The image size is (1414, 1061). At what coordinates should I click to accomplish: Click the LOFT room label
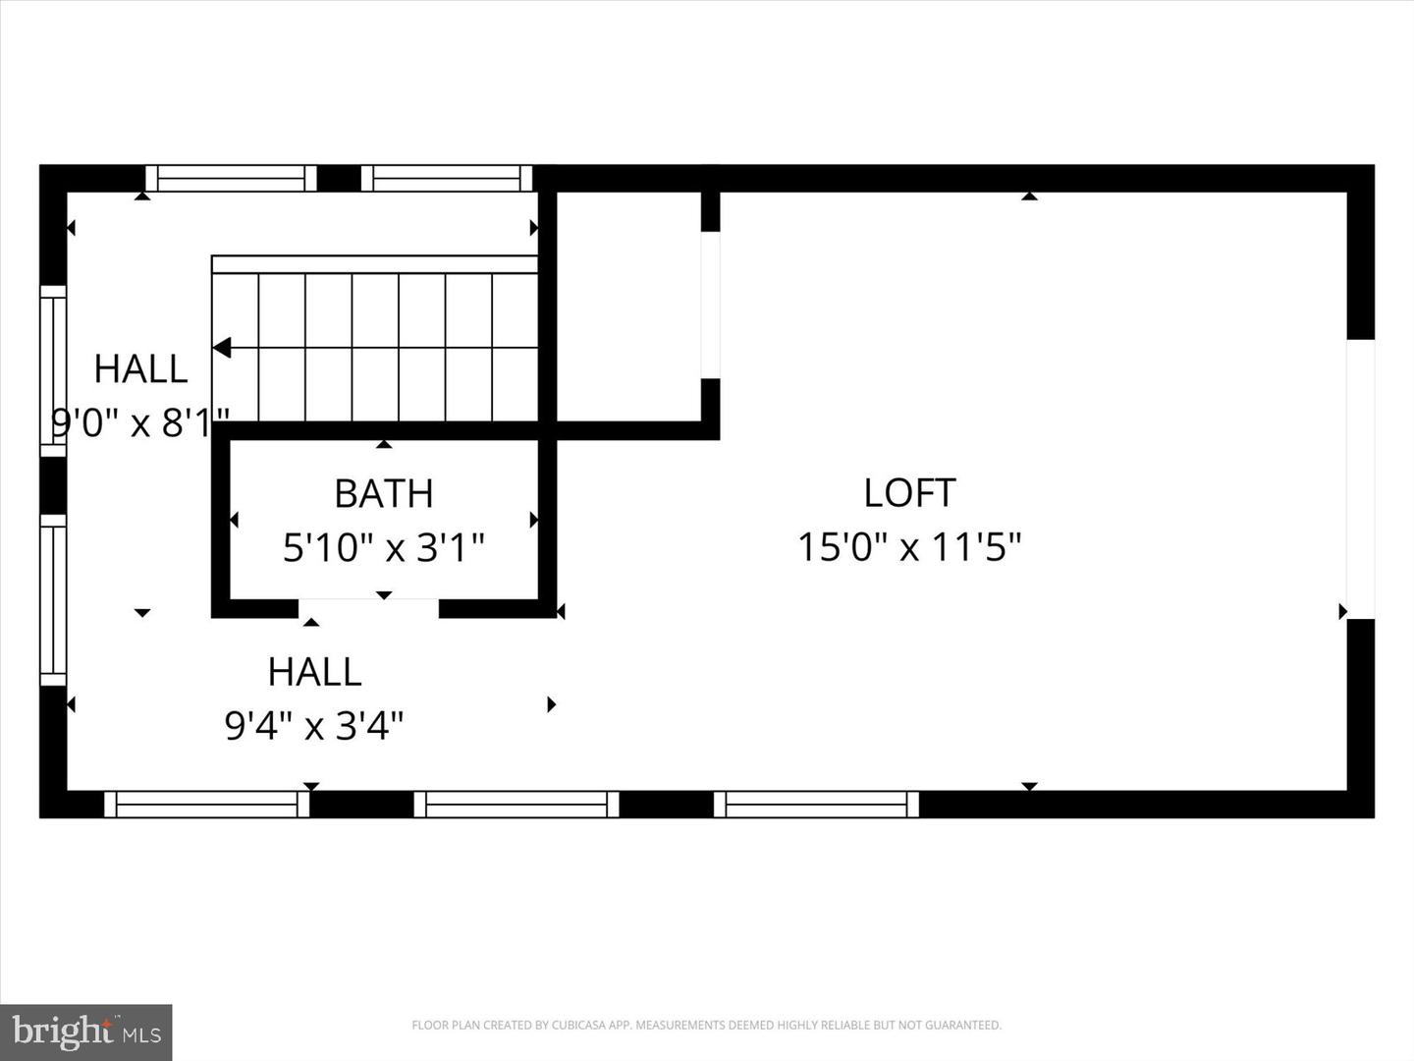point(909,493)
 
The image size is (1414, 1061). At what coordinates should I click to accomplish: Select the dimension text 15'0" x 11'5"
point(909,547)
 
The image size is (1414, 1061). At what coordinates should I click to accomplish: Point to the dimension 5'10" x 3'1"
point(384,547)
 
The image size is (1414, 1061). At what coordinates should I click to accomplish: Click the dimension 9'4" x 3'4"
point(314,726)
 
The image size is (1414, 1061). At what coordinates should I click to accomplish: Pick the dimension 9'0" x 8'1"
point(140,423)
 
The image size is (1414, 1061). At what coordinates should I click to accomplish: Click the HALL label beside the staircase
point(140,369)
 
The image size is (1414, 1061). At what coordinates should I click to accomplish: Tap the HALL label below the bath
point(314,672)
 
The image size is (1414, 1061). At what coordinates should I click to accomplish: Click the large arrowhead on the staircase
point(223,348)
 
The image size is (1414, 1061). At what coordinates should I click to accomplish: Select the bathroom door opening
point(368,608)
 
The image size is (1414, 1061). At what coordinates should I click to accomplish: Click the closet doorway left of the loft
point(710,305)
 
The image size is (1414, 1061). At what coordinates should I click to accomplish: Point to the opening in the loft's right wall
point(1360,478)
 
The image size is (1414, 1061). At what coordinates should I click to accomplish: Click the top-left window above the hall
point(231,178)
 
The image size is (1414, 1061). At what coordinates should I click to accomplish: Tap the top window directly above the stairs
point(447,178)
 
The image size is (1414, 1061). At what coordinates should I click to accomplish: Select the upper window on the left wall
point(53,370)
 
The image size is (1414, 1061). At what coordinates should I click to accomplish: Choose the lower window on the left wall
point(53,599)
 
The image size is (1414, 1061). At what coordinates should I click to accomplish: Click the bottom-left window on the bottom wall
point(207,804)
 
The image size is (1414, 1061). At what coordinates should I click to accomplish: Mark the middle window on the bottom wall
point(517,804)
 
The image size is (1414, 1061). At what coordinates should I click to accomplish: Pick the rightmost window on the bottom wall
point(817,804)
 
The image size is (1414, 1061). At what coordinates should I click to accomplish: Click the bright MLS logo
point(86,1032)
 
